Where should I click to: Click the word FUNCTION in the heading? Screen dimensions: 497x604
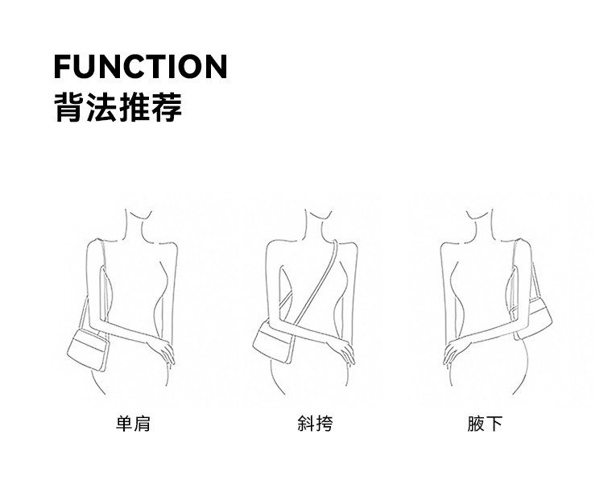pos(140,66)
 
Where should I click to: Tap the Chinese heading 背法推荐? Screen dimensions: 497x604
pos(118,107)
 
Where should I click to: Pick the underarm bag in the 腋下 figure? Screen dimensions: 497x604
pos(532,314)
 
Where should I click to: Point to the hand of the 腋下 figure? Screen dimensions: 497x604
pos(456,351)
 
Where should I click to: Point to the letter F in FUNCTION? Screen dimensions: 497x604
pos(62,66)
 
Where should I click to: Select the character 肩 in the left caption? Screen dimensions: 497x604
pos(143,424)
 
